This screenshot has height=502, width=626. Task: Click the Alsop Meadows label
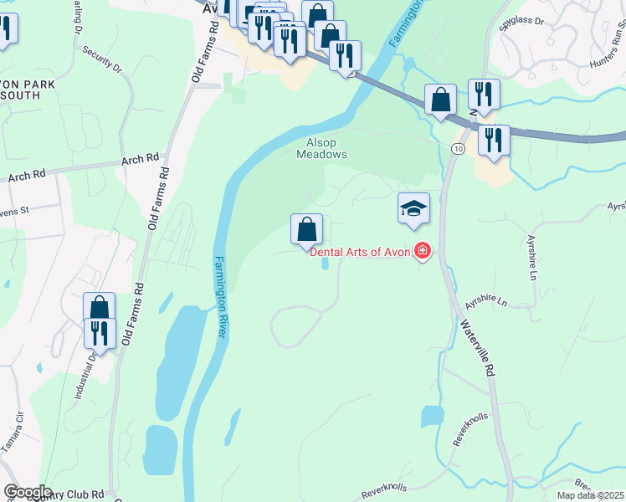point(321,148)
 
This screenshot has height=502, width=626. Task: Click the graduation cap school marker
point(413,208)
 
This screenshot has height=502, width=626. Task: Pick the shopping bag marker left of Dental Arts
point(307,229)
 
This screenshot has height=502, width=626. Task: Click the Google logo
point(28,492)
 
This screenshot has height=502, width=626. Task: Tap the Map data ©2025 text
point(590,495)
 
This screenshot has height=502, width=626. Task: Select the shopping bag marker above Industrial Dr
point(99,308)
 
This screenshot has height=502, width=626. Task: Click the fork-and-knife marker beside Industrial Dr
point(100,334)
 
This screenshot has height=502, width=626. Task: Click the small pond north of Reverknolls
point(432,416)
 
